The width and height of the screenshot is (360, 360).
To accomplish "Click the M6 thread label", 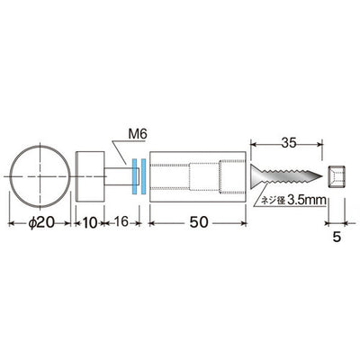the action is click(138, 134).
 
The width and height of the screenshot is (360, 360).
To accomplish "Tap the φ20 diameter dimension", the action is click(41, 223).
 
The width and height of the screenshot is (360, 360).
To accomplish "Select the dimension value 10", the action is click(89, 223).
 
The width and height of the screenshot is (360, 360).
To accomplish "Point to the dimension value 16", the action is click(121, 222).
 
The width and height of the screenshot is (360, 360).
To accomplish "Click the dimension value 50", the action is click(198, 222).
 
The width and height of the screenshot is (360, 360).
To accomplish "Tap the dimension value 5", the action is click(337, 238).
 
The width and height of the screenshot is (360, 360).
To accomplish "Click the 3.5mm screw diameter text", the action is click(306, 201).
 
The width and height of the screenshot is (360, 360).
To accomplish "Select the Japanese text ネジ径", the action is click(273, 201).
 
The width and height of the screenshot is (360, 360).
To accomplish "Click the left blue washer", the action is click(134, 176).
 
